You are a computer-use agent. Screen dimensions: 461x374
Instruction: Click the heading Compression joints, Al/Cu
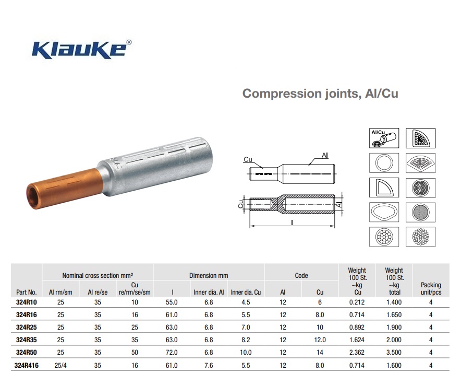pos(320,93)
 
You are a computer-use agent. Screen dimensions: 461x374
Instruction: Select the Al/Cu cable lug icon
pos(384,138)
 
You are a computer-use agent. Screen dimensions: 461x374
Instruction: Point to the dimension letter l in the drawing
pos(292,223)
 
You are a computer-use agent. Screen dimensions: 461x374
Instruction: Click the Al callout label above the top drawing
pos(324,155)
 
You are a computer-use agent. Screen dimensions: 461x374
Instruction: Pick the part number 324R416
pos(27,366)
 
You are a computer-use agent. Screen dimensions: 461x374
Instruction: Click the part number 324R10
pos(27,302)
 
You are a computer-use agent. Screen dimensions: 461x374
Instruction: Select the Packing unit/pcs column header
pos(431,289)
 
